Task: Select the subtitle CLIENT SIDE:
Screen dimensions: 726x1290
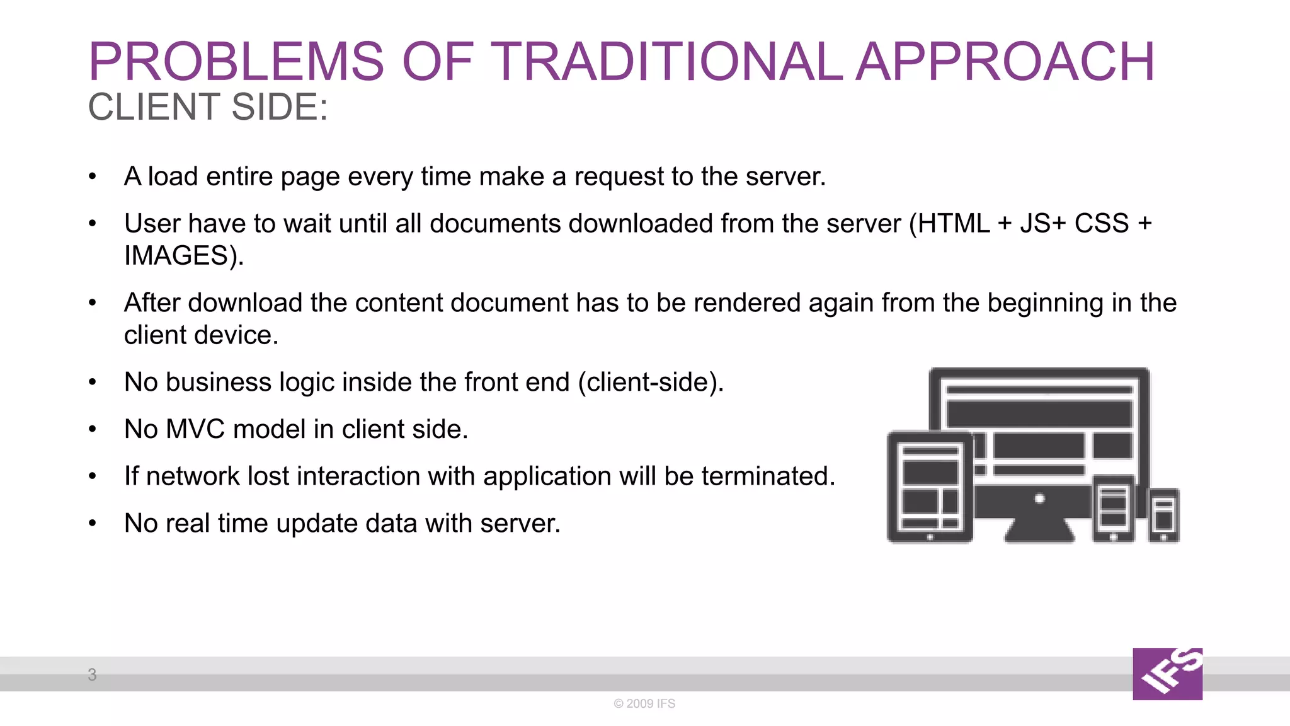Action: (x=208, y=107)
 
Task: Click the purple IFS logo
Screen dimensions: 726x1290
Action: (x=1167, y=674)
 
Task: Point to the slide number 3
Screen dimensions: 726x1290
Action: (x=92, y=675)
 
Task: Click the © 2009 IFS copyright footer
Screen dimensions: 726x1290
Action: (x=644, y=703)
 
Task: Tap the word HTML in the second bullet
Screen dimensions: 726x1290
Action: (x=954, y=224)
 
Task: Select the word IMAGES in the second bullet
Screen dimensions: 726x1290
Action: (x=176, y=256)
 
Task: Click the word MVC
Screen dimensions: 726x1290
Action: (x=195, y=429)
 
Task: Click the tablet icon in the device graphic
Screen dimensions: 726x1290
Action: (x=930, y=487)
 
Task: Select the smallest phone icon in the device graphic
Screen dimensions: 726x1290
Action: (x=1163, y=515)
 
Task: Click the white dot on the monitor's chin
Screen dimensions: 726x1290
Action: (x=1039, y=499)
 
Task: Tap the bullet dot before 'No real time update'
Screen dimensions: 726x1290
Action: (x=93, y=523)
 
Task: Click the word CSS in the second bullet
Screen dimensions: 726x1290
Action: (x=1102, y=224)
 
